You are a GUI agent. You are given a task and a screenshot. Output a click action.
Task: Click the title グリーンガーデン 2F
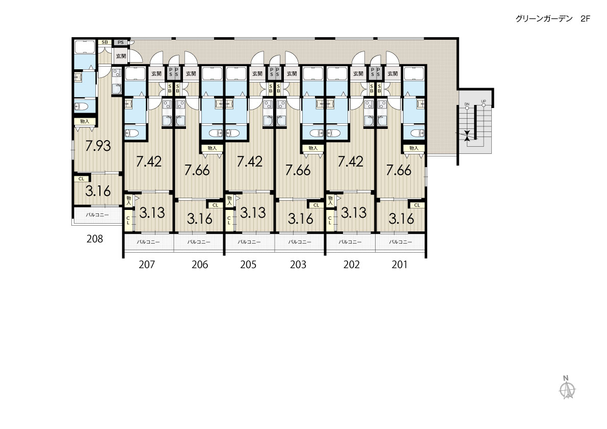[552, 18]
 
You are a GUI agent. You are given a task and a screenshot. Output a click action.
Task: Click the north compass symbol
[567, 388]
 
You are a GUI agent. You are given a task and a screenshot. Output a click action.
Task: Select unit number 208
[95, 238]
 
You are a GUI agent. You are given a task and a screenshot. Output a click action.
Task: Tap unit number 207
[147, 264]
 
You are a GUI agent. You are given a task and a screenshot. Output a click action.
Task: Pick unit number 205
[248, 264]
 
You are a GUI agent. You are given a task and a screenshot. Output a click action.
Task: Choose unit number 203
[298, 264]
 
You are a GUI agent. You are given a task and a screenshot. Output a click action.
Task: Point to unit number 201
[400, 264]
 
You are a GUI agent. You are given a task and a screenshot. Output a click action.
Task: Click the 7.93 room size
[98, 146]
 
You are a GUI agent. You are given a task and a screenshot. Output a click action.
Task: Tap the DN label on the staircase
[467, 104]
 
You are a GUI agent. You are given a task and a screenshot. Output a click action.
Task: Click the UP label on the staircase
[484, 101]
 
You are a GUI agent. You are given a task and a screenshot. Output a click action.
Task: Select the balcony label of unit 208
[97, 214]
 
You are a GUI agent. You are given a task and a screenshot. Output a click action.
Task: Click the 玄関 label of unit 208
[121, 56]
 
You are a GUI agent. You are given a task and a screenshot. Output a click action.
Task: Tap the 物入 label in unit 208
[85, 121]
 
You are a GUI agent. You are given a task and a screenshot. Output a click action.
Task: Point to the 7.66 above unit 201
[399, 170]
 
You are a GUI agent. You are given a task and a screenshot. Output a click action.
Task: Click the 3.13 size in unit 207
[152, 212]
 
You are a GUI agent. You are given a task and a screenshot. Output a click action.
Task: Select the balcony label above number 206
[199, 242]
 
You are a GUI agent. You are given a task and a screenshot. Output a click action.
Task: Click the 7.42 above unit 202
[350, 162]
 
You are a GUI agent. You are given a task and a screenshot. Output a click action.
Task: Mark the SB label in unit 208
[104, 42]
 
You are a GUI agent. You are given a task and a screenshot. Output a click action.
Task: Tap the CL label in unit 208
[82, 179]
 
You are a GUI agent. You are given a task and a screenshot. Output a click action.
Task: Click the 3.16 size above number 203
[300, 219]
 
